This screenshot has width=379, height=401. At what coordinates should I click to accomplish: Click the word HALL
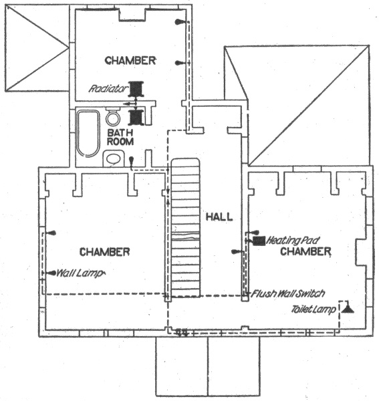[219, 217]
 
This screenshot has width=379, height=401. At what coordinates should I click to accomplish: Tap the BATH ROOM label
[120, 137]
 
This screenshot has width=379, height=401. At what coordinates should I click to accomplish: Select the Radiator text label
[108, 89]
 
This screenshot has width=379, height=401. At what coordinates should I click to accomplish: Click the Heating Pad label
[293, 241]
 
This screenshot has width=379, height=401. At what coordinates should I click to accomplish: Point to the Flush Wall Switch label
[288, 293]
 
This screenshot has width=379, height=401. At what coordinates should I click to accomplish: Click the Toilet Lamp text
[313, 309]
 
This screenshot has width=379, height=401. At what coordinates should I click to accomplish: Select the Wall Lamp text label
[81, 273]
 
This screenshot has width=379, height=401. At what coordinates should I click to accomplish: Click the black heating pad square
[259, 241]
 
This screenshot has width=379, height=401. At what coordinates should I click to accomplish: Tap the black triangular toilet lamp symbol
[348, 309]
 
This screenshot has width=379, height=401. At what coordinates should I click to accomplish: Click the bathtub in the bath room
[88, 134]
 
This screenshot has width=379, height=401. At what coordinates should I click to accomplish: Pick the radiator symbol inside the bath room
[136, 118]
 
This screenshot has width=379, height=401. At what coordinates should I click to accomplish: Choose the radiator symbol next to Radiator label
[136, 89]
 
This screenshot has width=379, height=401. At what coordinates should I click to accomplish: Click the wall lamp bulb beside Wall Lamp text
[53, 273]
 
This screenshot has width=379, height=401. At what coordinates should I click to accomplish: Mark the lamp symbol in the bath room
[132, 160]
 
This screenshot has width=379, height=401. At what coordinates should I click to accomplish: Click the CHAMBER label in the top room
[130, 61]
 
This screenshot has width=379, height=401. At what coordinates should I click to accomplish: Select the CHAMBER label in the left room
[104, 252]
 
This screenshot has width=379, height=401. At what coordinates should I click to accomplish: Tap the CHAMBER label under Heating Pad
[305, 251]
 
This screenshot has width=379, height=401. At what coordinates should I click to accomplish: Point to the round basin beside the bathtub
[113, 119]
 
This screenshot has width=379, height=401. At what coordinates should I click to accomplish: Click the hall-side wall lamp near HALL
[236, 252]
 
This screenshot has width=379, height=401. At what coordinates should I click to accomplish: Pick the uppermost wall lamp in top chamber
[179, 22]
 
